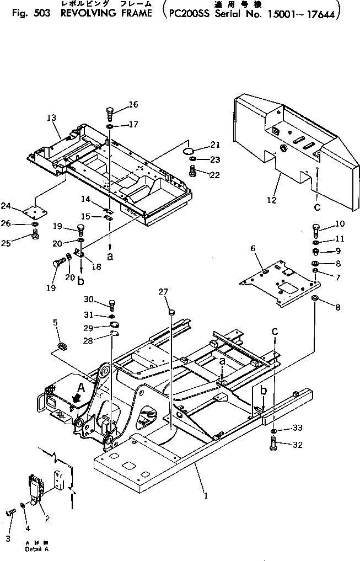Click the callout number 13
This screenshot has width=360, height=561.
[51, 117]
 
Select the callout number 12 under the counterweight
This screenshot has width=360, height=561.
[271, 200]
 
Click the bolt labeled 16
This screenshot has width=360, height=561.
[109, 114]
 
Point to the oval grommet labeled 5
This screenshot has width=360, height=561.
[62, 346]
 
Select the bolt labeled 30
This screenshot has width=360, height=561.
[112, 303]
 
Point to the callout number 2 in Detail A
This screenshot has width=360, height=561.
[47, 518]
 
